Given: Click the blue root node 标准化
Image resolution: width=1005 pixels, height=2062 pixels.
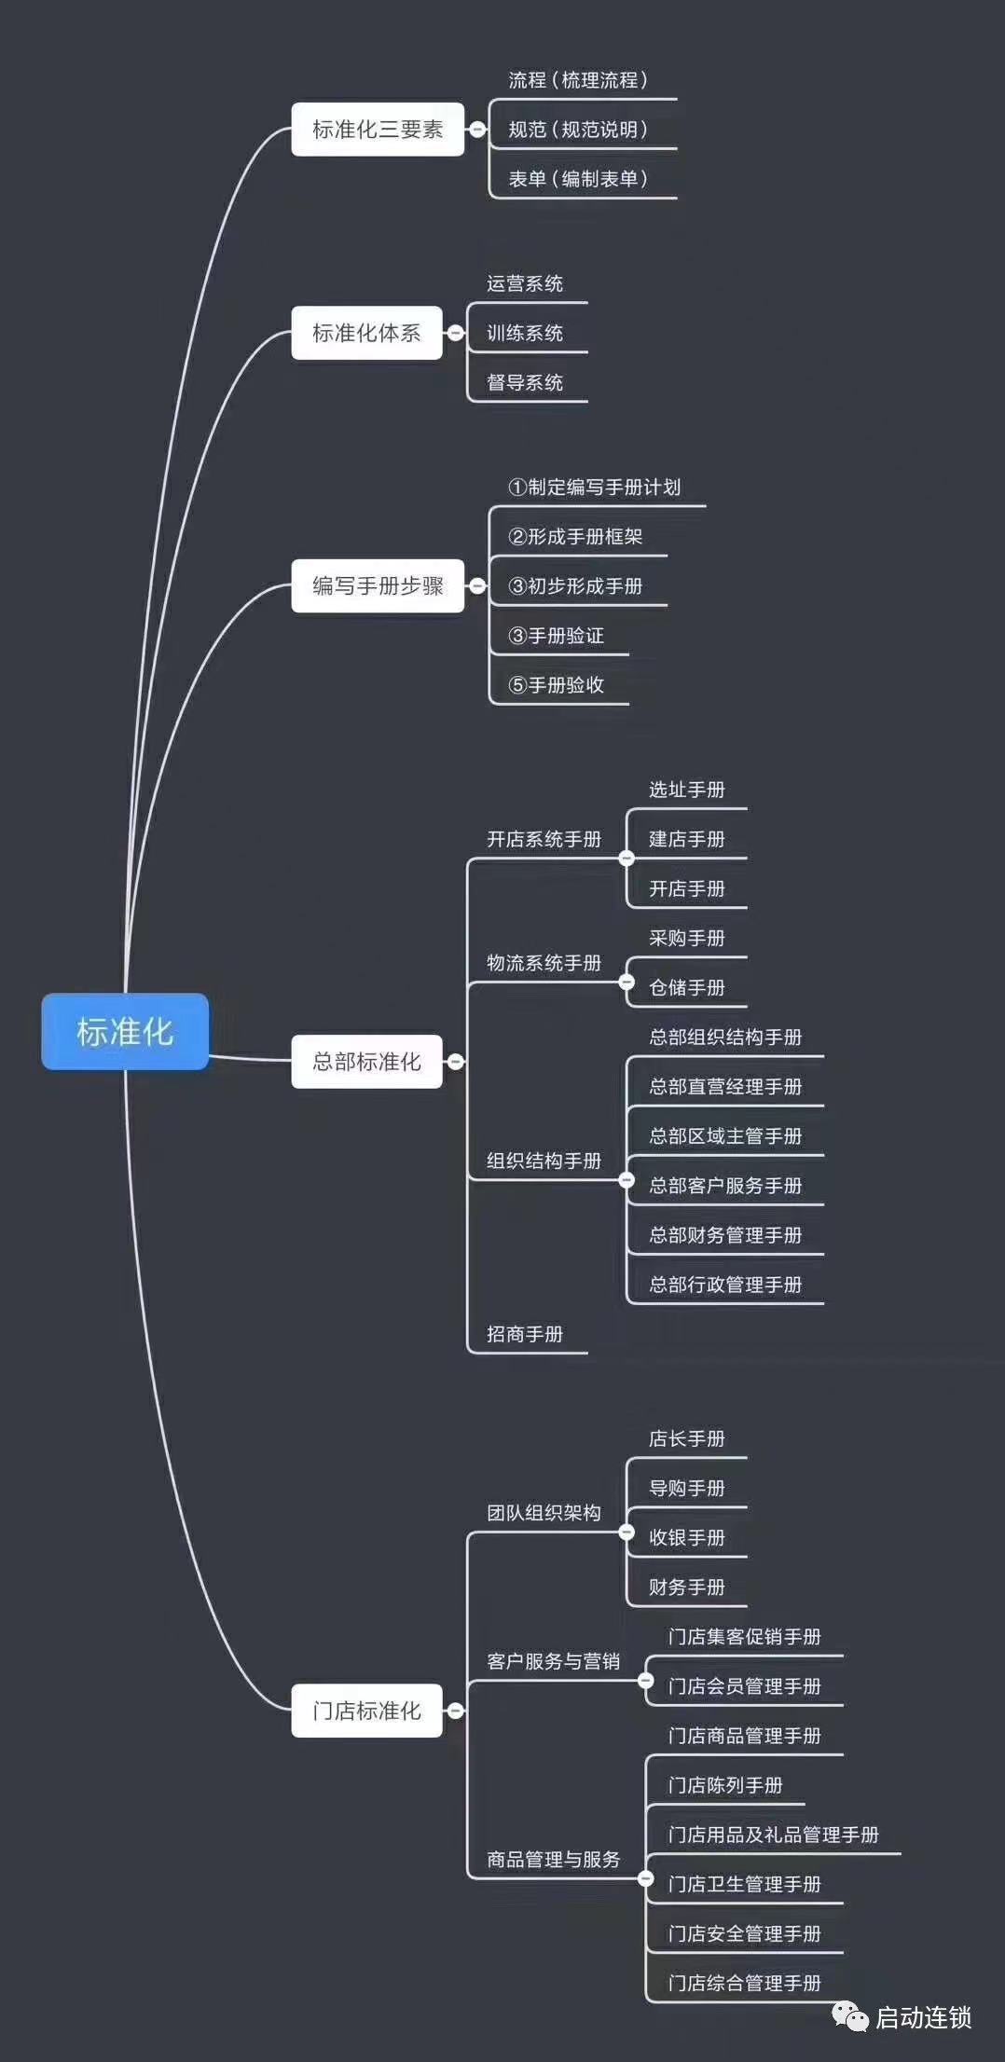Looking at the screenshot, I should [x=125, y=1031].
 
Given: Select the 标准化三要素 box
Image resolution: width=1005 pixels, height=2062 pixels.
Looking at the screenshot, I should [x=378, y=130].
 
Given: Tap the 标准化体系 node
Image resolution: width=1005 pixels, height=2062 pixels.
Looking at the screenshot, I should [x=366, y=333].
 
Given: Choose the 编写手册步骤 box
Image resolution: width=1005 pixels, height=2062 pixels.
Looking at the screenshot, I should [x=378, y=585].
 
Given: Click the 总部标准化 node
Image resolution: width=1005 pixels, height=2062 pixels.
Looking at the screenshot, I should [x=366, y=1061].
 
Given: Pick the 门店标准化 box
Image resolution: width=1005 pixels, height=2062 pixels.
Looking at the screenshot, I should [x=366, y=1711].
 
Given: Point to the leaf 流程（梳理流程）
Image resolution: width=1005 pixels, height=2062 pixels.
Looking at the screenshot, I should [x=578, y=80].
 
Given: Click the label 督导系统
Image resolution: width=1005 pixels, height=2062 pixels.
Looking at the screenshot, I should [x=525, y=382].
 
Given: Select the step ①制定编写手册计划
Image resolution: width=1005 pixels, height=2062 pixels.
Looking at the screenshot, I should [x=594, y=487].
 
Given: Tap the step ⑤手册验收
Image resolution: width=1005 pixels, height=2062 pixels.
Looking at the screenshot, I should [x=556, y=685].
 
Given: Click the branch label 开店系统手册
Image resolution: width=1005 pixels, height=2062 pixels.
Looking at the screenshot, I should [x=544, y=839].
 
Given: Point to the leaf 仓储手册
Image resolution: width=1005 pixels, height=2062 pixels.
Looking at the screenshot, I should [x=687, y=987].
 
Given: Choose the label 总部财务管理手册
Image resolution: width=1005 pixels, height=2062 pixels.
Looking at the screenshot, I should [x=725, y=1235].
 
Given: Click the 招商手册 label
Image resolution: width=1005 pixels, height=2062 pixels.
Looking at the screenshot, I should [x=525, y=1334].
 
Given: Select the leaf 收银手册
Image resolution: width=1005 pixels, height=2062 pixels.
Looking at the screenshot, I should [x=687, y=1537].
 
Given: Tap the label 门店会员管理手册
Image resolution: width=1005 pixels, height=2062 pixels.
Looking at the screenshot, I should [x=744, y=1686].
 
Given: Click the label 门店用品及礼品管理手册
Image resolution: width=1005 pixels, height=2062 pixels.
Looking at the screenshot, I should [x=773, y=1835].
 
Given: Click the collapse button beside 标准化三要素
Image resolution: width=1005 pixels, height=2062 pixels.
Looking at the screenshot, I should [x=477, y=130].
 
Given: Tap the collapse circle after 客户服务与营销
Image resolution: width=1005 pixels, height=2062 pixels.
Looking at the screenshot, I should [x=645, y=1681].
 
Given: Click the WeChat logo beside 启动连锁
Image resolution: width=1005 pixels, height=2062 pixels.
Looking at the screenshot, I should [x=850, y=2017].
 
